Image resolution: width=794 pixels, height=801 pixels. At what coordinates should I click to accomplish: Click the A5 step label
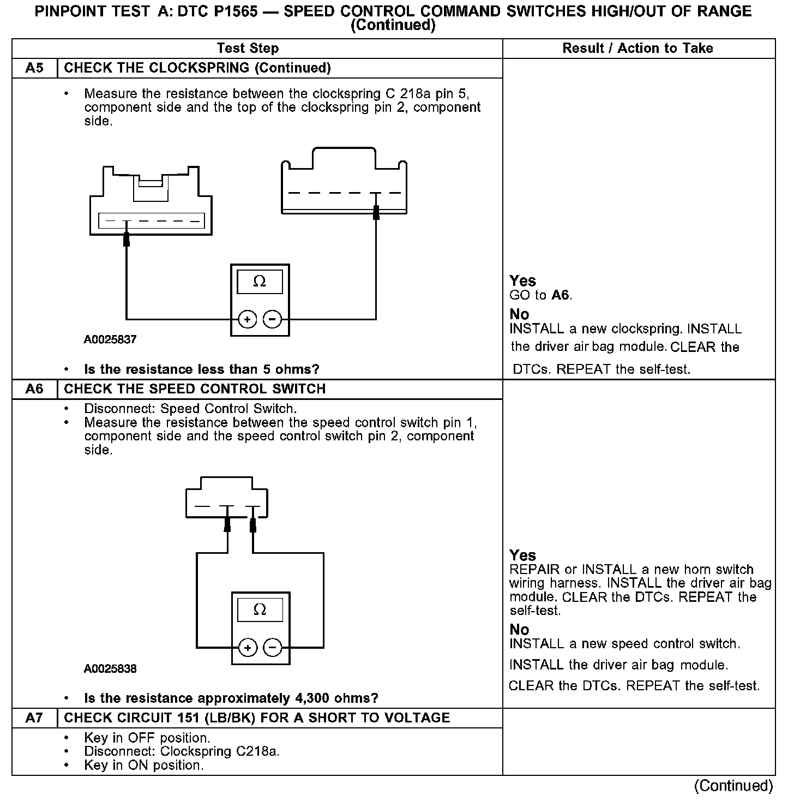tap(34, 68)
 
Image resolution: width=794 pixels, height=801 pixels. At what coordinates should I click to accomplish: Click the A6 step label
tap(34, 389)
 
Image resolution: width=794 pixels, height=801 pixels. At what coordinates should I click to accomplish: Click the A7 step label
tap(34, 718)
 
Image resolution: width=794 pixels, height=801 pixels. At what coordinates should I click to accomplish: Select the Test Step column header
tap(248, 48)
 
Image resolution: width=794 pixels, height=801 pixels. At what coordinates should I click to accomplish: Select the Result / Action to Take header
tap(637, 48)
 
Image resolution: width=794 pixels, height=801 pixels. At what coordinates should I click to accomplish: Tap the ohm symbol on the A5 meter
tap(260, 282)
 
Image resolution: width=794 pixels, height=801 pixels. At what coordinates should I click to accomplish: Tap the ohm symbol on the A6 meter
tap(260, 609)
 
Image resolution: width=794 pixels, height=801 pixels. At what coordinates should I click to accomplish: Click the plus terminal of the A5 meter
tap(247, 319)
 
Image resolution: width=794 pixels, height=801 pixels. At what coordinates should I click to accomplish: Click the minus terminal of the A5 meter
tap(273, 319)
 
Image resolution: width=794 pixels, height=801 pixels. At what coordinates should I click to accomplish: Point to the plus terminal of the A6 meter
tap(248, 648)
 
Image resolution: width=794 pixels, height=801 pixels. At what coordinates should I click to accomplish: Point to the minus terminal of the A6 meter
tap(273, 648)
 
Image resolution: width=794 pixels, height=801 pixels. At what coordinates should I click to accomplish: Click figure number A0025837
tap(110, 339)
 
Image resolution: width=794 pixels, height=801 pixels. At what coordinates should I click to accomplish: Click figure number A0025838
tap(110, 668)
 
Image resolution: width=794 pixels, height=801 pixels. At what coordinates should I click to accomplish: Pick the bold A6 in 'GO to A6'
tap(561, 296)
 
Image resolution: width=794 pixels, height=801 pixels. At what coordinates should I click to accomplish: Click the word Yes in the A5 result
tap(522, 281)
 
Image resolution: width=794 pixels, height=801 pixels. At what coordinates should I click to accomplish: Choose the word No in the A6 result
tap(519, 630)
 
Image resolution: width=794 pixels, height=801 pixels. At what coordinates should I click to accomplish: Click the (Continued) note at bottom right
tap(733, 786)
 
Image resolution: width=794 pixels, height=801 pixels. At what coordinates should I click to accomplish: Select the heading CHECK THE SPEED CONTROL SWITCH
tap(195, 389)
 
